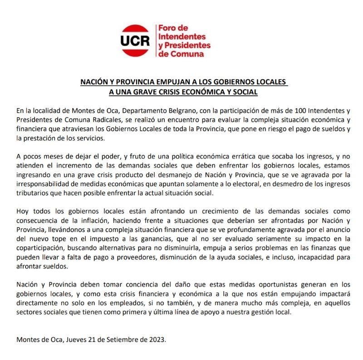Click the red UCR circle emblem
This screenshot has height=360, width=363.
tap(135, 40)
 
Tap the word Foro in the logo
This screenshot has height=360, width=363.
tap(167, 28)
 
